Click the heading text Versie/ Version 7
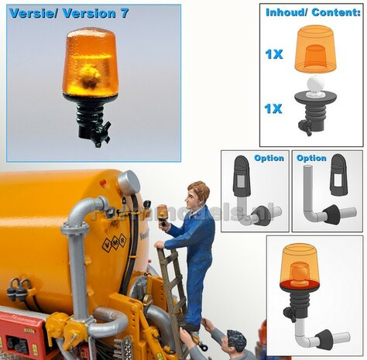pos(69,13)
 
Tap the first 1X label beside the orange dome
pos(273,53)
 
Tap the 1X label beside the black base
pos(273,108)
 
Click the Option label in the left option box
pos(269,158)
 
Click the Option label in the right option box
pos(311,158)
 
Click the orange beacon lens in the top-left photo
pos(90,63)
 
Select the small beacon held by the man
pos(163,214)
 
